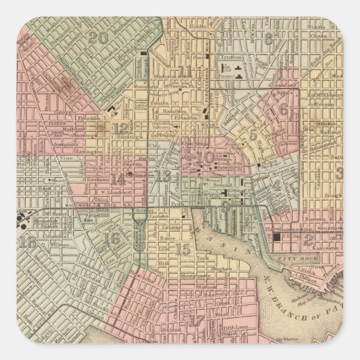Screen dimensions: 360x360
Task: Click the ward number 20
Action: [x=98, y=39]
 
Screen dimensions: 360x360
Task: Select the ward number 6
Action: [x=283, y=108]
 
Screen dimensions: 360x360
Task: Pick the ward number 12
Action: [x=119, y=127]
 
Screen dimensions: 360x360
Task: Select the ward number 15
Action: [x=182, y=249]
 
